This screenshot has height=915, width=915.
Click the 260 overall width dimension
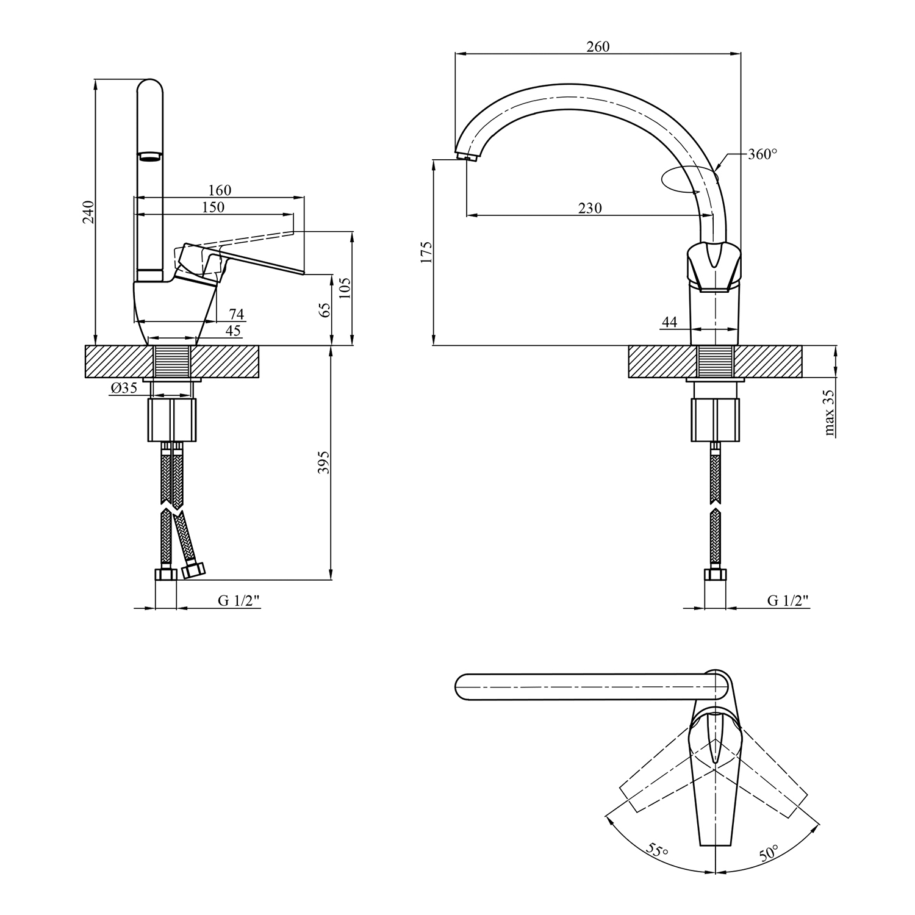click(598, 46)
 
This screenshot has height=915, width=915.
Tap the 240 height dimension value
click(88, 212)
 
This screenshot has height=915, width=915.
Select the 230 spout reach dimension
click(590, 208)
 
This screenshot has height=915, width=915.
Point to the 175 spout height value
click(426, 252)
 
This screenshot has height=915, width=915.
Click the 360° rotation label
click(762, 154)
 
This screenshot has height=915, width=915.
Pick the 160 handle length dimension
click(220, 190)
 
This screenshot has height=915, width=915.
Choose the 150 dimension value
click(213, 207)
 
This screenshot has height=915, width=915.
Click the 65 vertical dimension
click(325, 310)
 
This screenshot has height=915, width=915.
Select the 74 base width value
click(236, 314)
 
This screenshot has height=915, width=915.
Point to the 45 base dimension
click(232, 331)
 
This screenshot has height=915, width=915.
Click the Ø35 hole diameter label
click(124, 388)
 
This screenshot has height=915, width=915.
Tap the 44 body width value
click(670, 321)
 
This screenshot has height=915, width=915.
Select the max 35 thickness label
click(830, 412)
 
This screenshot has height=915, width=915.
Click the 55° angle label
click(656, 850)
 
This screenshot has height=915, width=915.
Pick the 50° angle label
click(769, 852)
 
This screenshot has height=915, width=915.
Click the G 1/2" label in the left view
click(239, 600)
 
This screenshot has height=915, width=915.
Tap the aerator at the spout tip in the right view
click(468, 159)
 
